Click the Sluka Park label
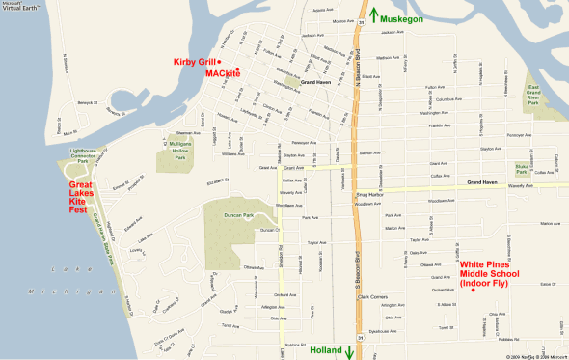[x=524, y=171]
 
